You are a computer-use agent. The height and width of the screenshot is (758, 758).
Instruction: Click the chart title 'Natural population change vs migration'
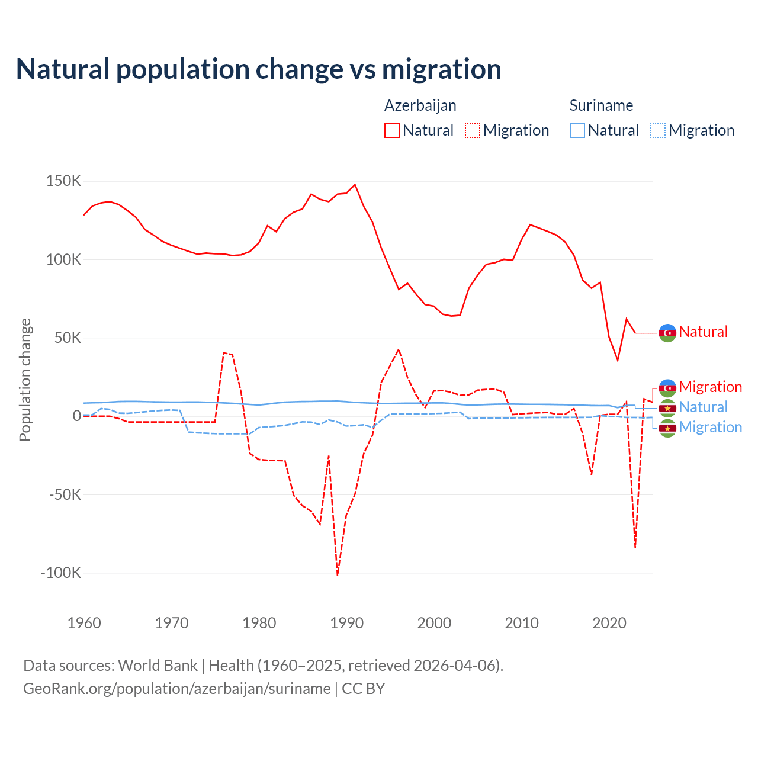(259, 69)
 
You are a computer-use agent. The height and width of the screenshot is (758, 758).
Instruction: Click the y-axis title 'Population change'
(25, 380)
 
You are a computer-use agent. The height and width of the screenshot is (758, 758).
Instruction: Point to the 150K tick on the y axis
(63, 181)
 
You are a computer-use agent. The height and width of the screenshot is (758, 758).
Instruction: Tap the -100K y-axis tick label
(60, 573)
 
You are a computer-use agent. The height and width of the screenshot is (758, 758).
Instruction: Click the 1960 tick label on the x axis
(84, 623)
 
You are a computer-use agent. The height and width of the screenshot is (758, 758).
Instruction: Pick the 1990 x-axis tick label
(347, 623)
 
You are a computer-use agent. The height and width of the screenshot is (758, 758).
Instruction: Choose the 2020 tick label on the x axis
(609, 623)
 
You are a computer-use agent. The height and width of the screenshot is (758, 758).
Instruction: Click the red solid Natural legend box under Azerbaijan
(392, 130)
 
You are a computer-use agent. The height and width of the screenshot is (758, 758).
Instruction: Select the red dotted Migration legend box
(473, 130)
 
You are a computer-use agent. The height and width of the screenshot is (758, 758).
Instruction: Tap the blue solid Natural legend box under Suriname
(577, 130)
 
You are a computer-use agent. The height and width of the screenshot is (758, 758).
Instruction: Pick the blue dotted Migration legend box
(658, 130)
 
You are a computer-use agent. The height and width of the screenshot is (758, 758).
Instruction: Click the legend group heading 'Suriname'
(601, 105)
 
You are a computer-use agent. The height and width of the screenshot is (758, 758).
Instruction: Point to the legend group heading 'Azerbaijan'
(420, 105)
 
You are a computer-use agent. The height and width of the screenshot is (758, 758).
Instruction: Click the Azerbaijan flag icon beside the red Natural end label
(667, 333)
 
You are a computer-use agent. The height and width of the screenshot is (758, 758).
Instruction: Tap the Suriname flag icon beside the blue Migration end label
(667, 428)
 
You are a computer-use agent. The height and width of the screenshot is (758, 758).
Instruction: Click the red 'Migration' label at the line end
(710, 387)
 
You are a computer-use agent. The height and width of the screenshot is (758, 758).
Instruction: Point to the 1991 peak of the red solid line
(355, 184)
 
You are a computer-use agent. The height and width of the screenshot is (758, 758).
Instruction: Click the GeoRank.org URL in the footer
(177, 689)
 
